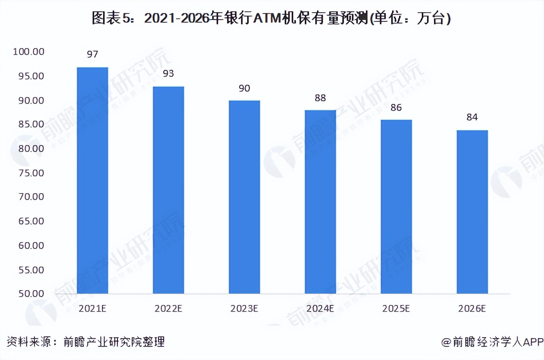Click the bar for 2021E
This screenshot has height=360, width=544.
point(93,180)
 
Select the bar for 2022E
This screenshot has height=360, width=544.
point(169,190)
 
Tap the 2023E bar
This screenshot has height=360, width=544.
point(244,197)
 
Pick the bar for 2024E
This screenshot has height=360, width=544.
point(320,201)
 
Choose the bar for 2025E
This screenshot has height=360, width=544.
point(396,206)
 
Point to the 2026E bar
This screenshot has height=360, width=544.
point(472,211)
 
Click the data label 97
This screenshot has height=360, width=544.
point(93,55)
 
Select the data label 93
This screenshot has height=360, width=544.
point(169,73)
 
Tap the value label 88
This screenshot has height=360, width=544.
point(320,98)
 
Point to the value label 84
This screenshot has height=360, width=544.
point(472,117)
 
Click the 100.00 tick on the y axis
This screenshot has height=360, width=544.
point(29,52)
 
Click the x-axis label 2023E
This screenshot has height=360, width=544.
point(244,308)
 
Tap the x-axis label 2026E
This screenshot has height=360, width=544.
point(472,308)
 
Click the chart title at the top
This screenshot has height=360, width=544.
point(272,18)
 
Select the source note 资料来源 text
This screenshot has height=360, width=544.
point(86,342)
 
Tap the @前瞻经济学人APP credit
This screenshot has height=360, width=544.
point(492,342)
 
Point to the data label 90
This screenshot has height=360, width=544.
point(244,88)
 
